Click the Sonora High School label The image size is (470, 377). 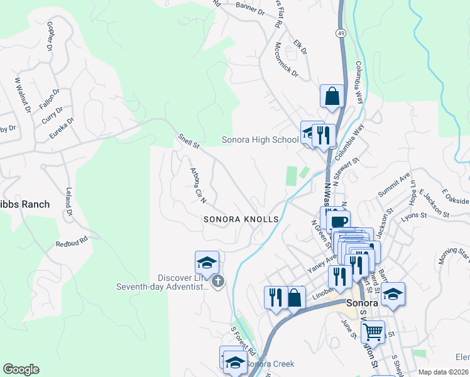260,139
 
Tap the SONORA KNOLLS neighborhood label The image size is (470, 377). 241,219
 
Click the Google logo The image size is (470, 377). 21,369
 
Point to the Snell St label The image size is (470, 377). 188,141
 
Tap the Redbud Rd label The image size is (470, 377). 70,241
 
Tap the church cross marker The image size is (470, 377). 218,281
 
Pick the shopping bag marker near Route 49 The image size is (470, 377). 332,96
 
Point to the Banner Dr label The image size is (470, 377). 250,7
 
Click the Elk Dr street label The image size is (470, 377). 300,46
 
